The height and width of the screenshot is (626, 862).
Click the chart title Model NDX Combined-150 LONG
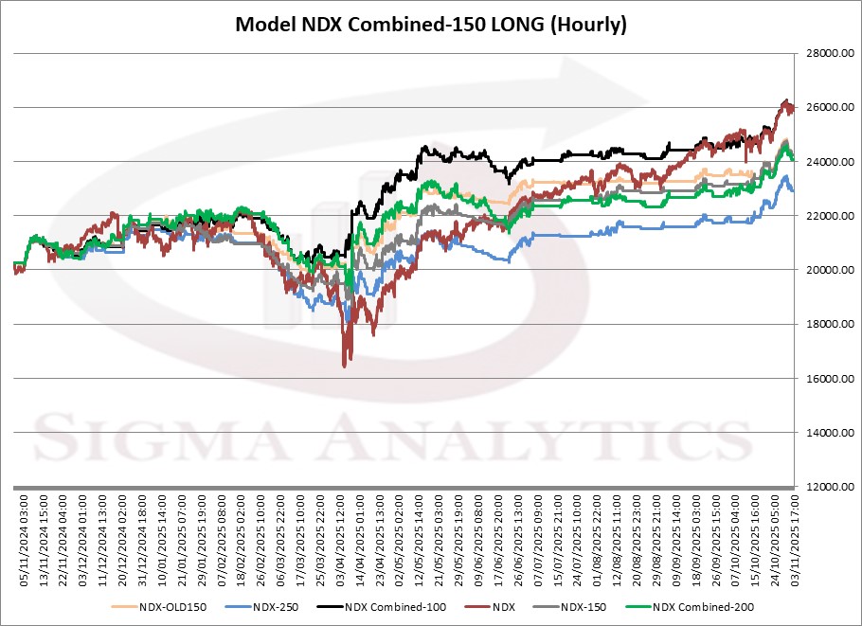(431, 26)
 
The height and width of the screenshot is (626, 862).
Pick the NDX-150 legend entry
(584, 606)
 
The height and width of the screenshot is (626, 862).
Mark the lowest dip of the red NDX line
(346, 365)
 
